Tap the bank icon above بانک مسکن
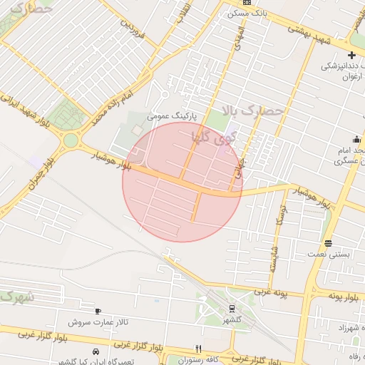click(x=247, y=3)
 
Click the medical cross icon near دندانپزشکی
click(x=352, y=55)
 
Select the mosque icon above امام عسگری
click(x=356, y=139)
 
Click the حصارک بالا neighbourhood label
click(x=252, y=110)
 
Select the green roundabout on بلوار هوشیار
click(x=70, y=140)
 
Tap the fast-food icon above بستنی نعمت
click(x=327, y=242)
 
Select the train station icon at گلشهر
click(x=232, y=309)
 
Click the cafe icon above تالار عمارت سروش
click(x=98, y=311)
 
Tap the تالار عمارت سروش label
click(x=100, y=322)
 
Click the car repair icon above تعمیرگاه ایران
click(x=96, y=352)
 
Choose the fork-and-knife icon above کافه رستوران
click(x=198, y=349)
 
